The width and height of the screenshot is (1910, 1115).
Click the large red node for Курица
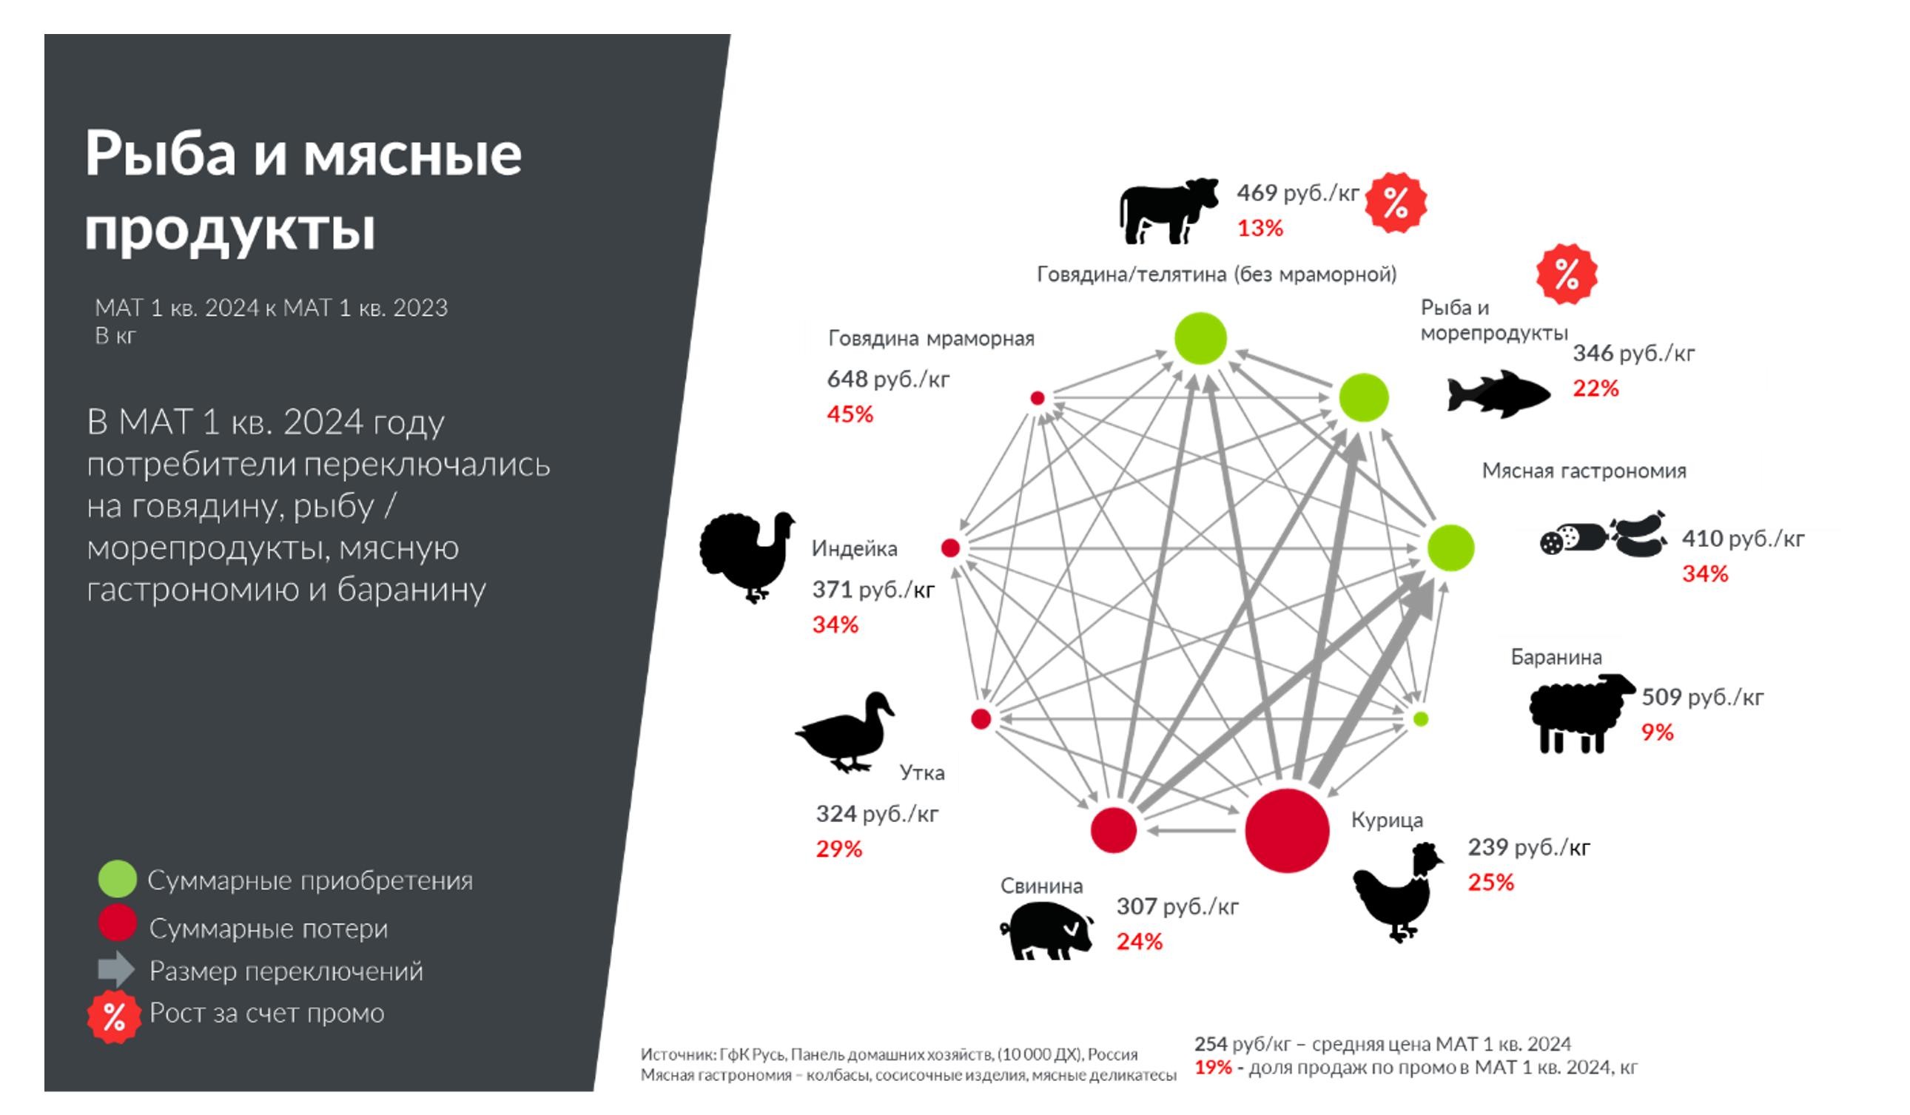(x=1286, y=830)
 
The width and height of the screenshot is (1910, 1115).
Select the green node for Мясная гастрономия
(x=1450, y=548)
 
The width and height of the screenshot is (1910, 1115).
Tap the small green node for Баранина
(x=1421, y=718)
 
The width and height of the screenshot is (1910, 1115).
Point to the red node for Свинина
(x=1114, y=829)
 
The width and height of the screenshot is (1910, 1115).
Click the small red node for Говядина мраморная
(x=1038, y=398)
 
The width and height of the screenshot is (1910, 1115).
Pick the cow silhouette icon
(x=1168, y=212)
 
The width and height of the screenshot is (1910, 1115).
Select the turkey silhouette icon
(x=747, y=556)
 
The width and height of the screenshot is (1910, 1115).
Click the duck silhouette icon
(x=846, y=732)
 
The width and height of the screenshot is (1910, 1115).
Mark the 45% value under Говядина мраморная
(x=850, y=414)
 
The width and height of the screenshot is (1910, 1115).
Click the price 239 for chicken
(x=1487, y=846)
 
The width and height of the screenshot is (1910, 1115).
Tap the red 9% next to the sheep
(x=1657, y=732)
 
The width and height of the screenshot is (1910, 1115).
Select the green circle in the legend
(x=118, y=879)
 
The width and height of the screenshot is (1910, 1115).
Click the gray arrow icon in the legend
(x=116, y=969)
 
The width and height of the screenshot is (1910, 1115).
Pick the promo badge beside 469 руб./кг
(x=1396, y=203)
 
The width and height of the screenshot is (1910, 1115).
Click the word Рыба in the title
(x=160, y=154)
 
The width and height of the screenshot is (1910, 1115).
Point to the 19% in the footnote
(x=1213, y=1067)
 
